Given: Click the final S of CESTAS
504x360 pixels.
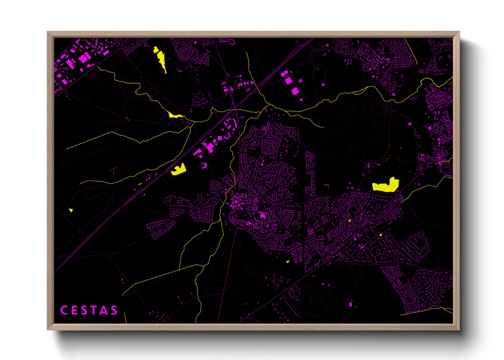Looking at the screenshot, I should coord(114,310).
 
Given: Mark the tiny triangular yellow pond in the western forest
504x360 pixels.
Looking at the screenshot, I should coord(71,210).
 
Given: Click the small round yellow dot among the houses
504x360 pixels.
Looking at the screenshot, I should coord(381,235).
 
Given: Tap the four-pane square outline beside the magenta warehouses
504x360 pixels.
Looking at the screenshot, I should coord(300,81).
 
